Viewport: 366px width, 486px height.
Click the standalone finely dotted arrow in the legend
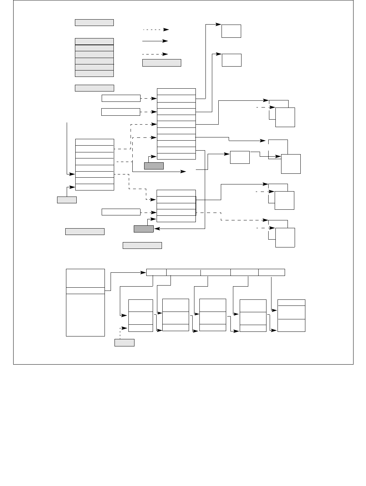coord(156,30)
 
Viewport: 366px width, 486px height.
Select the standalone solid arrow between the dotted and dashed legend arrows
coord(155,41)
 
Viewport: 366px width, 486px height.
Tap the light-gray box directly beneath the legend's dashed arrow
coord(162,63)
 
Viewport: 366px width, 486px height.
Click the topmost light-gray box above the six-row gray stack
coord(94,23)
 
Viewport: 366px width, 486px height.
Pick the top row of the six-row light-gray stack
coord(94,41)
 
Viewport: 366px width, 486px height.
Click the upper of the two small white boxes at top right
coord(231,31)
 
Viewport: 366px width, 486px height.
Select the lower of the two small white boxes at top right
coord(232,60)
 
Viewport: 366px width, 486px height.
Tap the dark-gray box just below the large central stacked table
coord(154,166)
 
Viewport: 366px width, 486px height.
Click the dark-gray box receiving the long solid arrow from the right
coord(144,229)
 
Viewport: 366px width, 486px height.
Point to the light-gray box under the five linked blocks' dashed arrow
coord(124,343)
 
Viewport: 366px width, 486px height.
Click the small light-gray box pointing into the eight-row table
coord(67,200)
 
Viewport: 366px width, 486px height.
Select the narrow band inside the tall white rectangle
coord(85,291)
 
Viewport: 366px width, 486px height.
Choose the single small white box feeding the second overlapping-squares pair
coord(240,157)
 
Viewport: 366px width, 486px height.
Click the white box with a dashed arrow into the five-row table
coord(121,212)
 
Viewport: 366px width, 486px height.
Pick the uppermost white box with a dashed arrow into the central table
coord(121,98)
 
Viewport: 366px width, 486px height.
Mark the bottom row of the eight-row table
coord(95,187)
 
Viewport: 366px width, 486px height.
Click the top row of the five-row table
coord(176,193)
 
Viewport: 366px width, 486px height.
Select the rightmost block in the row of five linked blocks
coord(291,316)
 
